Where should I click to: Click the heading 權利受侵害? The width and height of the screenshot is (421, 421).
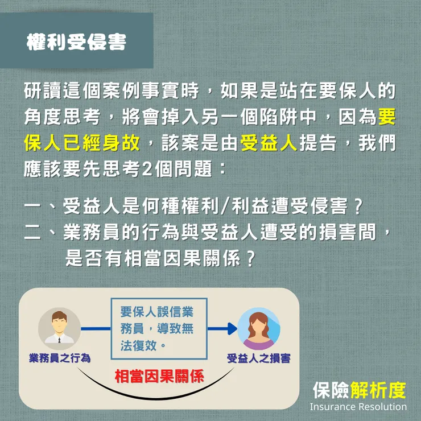(x=76, y=43)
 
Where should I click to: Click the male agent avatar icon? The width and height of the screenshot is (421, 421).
(x=59, y=328)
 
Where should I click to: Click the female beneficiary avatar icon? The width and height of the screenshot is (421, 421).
(x=259, y=329)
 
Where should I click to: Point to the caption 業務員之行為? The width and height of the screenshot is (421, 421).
(x=60, y=358)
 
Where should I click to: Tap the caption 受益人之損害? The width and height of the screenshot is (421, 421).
(x=259, y=358)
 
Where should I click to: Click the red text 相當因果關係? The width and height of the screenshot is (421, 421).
(x=160, y=376)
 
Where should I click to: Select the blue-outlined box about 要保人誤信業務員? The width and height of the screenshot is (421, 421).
(x=159, y=329)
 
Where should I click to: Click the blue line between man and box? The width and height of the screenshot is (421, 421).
(x=95, y=328)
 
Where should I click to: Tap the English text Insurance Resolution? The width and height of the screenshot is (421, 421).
(x=358, y=407)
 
